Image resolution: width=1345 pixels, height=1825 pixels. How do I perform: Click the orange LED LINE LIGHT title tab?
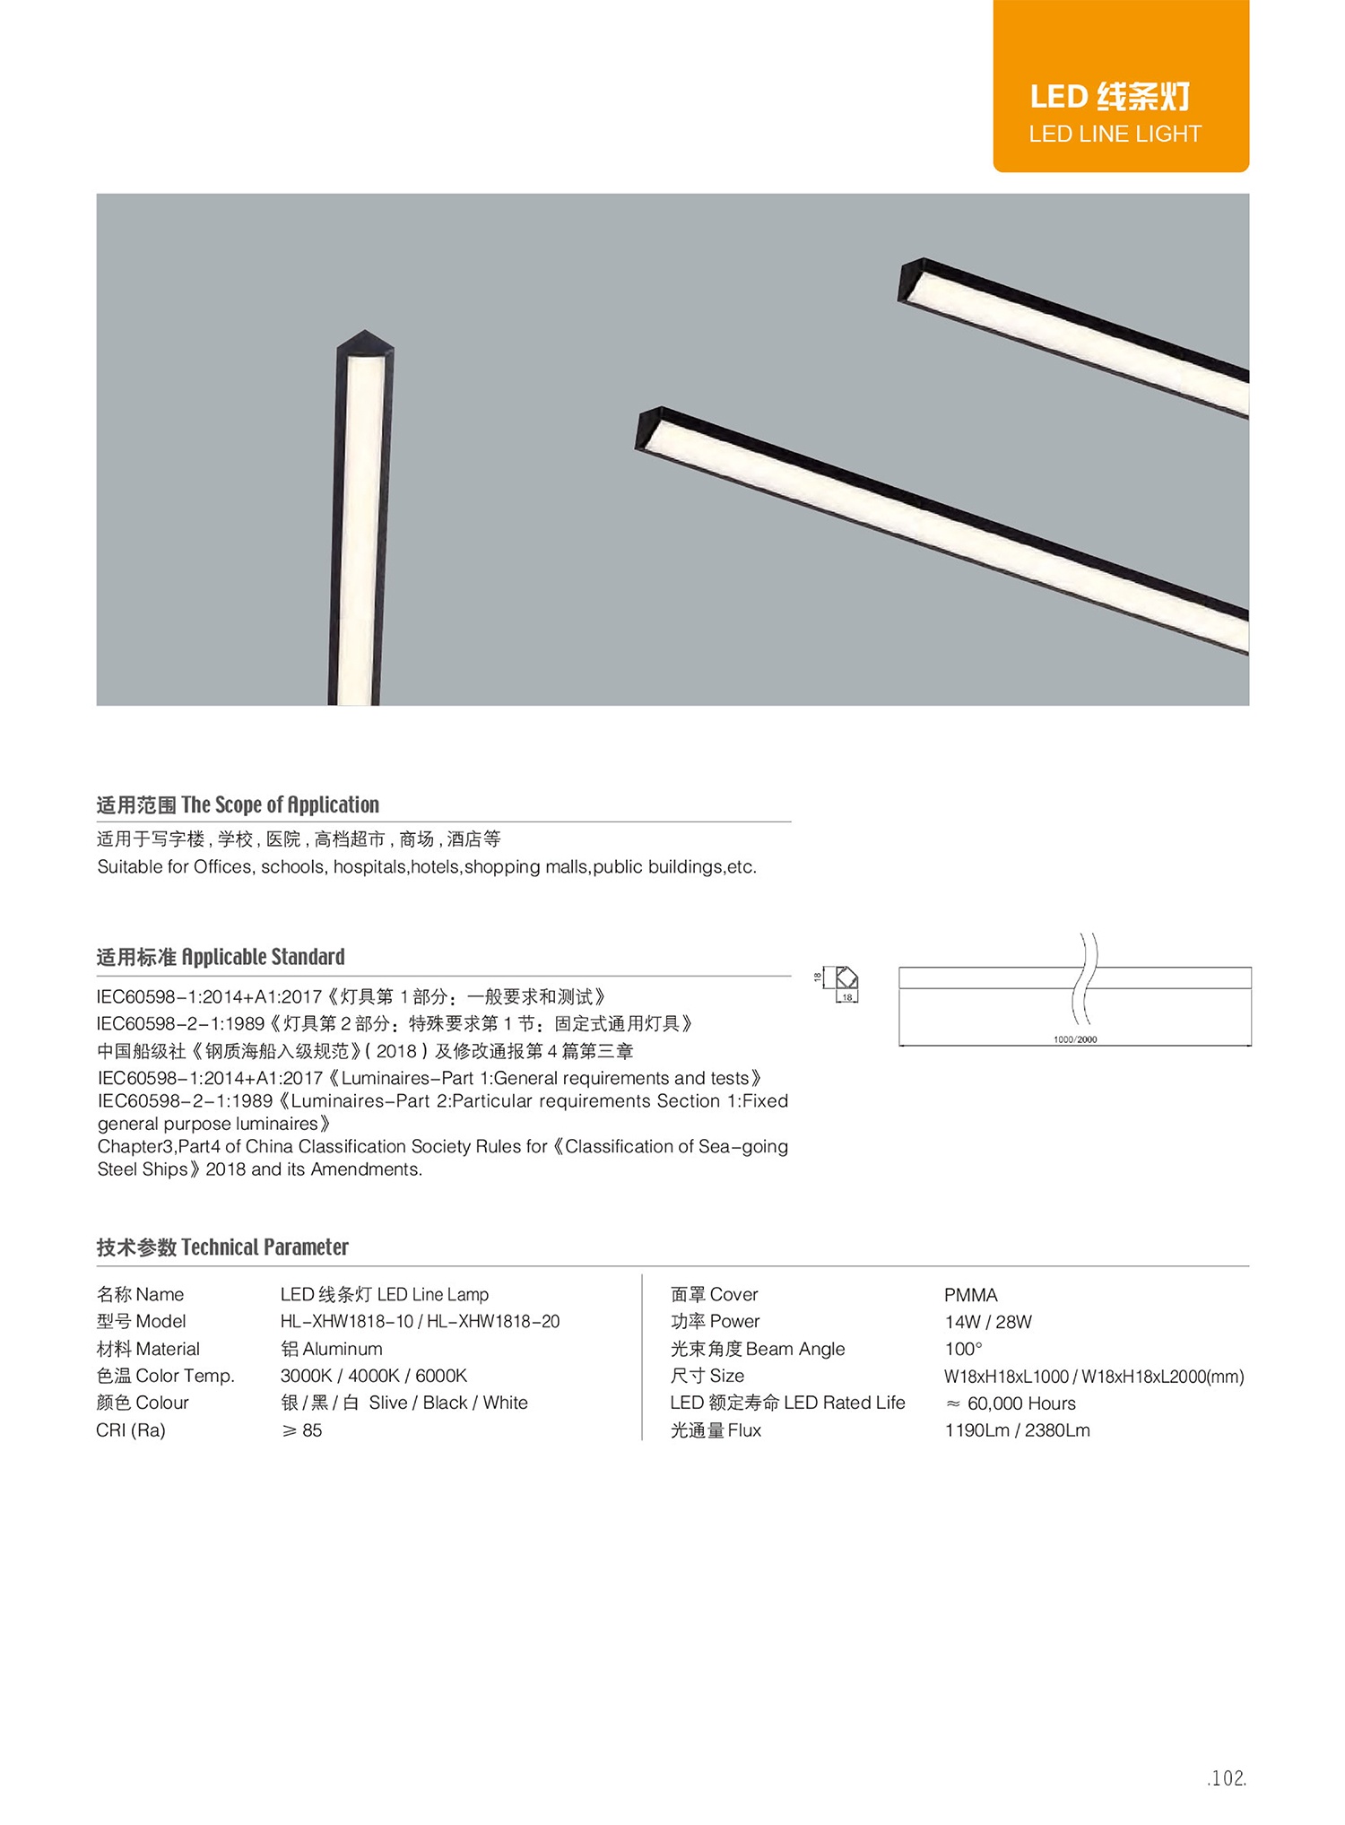pos(1120,86)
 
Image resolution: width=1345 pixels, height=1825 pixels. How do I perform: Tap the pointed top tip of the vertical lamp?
pos(363,333)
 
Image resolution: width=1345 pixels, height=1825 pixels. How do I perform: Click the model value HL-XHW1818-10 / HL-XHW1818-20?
pos(420,1321)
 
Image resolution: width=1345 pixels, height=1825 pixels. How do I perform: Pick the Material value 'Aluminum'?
pos(332,1349)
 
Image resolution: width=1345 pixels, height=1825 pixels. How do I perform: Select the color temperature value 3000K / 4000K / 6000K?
pos(373,1376)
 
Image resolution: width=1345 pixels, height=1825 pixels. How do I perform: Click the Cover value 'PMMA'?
pos(970,1295)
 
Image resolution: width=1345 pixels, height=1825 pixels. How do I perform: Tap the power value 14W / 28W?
pos(988,1322)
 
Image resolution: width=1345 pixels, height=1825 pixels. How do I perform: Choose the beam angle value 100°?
pos(963,1349)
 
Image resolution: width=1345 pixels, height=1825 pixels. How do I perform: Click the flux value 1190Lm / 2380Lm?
pos(1017,1430)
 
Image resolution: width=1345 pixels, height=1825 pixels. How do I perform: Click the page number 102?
pos(1226,1778)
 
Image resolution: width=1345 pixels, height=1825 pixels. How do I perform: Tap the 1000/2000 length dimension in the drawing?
pos(1074,1039)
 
